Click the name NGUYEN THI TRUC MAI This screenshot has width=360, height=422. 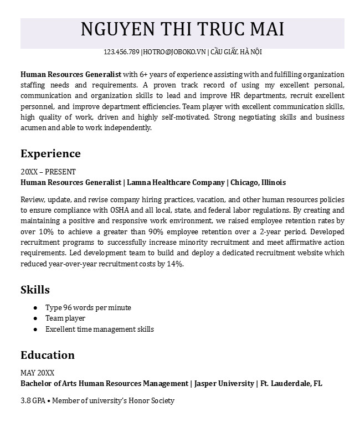[182, 29]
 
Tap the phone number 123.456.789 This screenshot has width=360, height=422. [121, 52]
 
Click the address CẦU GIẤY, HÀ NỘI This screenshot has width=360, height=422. [236, 52]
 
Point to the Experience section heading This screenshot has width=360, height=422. [50, 153]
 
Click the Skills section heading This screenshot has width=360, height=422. [35, 290]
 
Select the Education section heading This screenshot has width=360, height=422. [48, 355]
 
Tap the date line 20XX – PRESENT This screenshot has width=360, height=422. [48, 172]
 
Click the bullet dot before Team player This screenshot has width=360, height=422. [35, 318]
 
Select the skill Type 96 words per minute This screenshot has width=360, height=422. [88, 307]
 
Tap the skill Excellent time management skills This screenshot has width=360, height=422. [100, 329]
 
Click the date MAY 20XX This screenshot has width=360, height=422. [37, 373]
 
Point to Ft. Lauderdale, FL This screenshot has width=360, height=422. [291, 383]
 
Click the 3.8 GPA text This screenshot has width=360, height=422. [33, 400]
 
